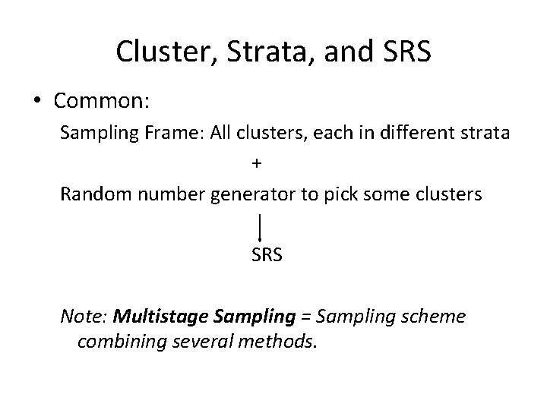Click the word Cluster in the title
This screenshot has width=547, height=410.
pos(156,51)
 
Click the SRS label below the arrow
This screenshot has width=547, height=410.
pos(267,255)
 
